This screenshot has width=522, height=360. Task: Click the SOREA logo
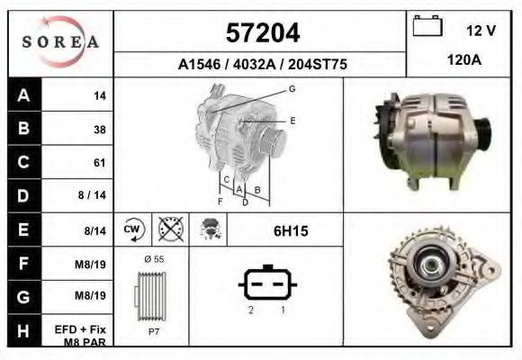coord(60,42)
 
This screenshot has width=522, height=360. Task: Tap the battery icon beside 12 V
coord(426,27)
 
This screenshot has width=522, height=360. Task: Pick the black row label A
coord(23,94)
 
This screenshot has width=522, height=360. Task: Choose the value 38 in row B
coord(99,129)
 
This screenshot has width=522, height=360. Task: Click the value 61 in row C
coord(99,163)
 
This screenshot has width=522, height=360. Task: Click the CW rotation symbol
coord(132,230)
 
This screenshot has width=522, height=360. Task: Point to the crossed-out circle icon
coord(170,230)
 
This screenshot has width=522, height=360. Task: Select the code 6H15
coord(291,231)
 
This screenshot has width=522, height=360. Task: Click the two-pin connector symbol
coord(267,285)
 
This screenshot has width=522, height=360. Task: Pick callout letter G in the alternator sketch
coord(292,88)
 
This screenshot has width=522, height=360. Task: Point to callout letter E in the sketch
coord(292,120)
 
